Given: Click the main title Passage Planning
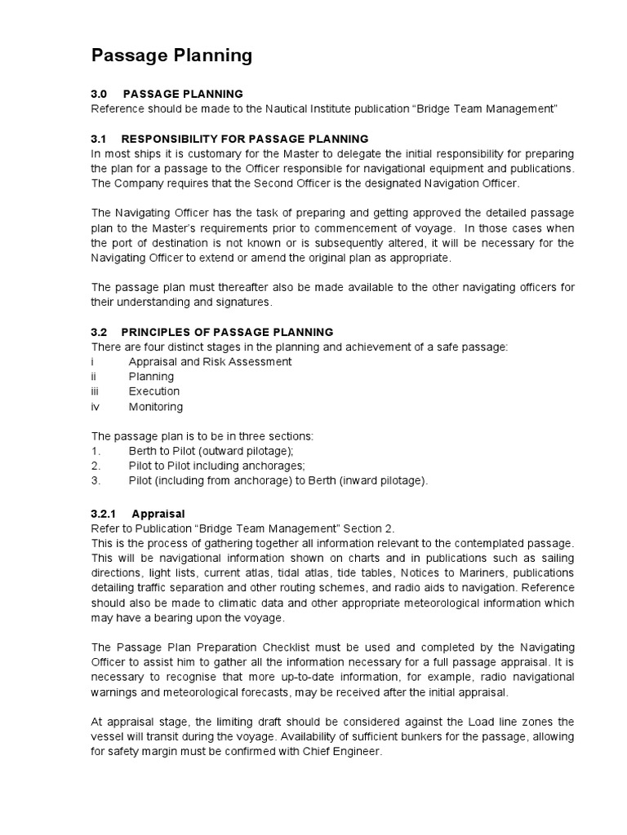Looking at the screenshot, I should point(171,55).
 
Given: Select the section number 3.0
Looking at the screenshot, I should point(99,94).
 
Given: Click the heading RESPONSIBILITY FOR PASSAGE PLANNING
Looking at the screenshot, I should point(245,139).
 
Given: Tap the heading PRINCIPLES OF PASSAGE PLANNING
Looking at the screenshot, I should point(227,332).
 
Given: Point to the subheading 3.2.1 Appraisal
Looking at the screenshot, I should point(138,514).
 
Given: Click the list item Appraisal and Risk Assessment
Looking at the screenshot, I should point(210,361).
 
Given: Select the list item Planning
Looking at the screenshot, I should point(151,377).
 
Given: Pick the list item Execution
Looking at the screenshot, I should point(154,391).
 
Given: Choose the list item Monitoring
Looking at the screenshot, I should point(156,406).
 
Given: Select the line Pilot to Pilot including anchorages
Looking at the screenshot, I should point(216,466).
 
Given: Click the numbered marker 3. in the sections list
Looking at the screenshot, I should point(96,480).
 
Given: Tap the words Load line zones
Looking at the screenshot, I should point(512,722).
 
